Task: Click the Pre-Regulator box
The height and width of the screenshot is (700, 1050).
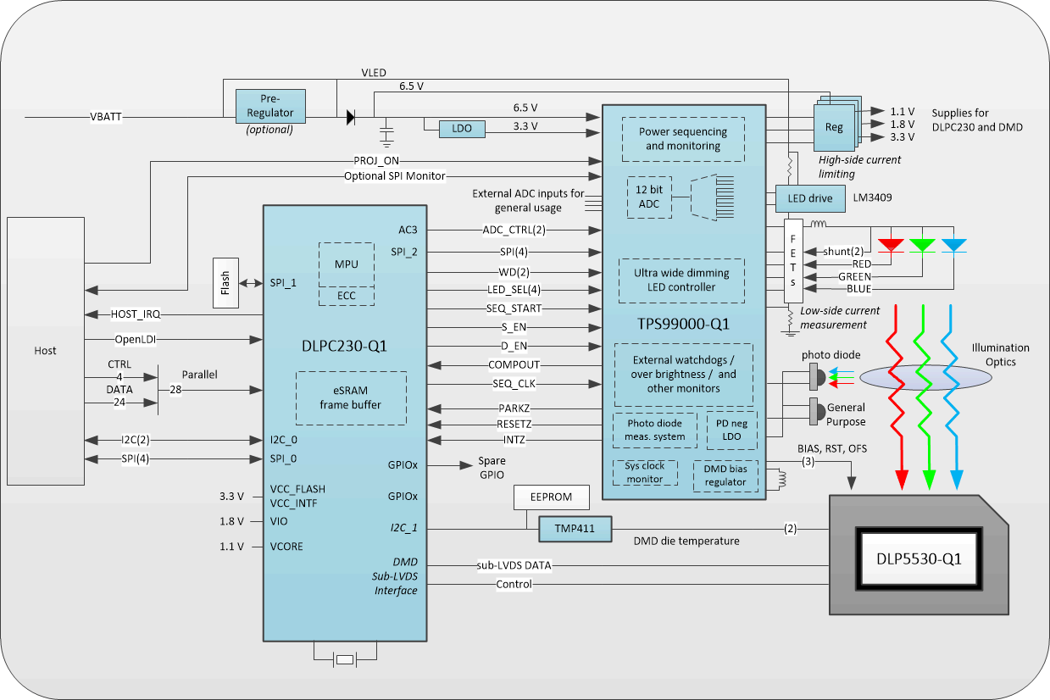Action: (270, 106)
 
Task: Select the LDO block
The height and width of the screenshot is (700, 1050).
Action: (462, 129)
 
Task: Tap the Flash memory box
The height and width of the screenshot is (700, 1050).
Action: (226, 283)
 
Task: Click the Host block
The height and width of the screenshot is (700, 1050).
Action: (46, 351)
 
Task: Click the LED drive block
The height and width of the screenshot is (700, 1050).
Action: (810, 198)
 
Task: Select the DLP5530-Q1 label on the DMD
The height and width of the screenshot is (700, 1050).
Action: (919, 559)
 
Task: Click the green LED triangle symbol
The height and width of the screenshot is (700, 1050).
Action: (922, 245)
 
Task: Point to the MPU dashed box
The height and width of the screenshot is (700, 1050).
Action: (346, 264)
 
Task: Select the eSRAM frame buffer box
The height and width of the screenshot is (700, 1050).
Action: (350, 398)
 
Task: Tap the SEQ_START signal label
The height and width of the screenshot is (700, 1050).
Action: (514, 308)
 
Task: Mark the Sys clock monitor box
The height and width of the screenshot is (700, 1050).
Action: (645, 473)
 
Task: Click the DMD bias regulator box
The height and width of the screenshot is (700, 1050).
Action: (725, 475)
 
